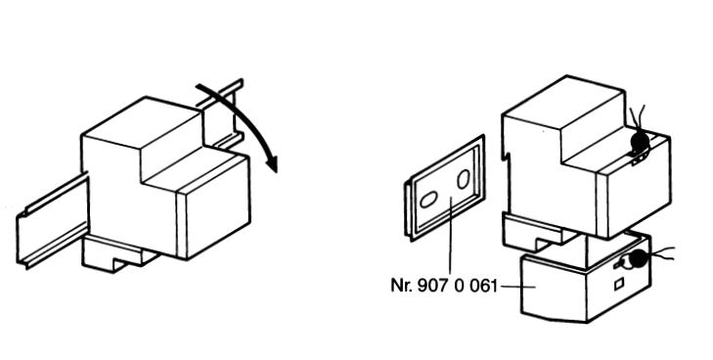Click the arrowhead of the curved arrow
[272, 163]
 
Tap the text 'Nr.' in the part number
[401, 286]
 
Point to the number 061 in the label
[482, 286]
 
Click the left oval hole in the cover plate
[428, 200]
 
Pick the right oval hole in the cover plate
[464, 179]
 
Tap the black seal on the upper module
[640, 142]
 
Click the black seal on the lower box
[638, 258]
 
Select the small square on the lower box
[619, 285]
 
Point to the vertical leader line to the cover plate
[451, 236]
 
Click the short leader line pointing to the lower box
[517, 287]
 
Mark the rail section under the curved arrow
[224, 114]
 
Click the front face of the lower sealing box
[555, 290]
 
